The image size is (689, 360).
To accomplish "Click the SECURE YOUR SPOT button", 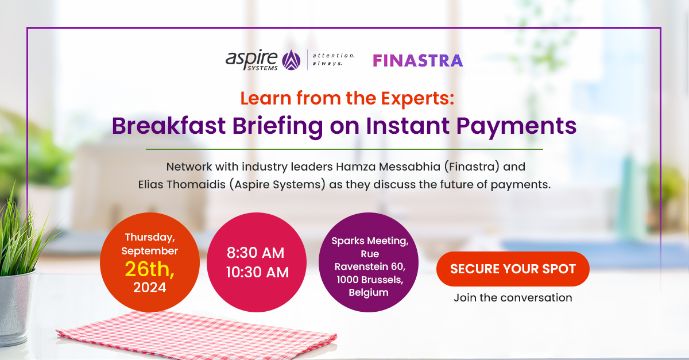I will [513, 269].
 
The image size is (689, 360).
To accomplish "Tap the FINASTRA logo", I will [417, 60].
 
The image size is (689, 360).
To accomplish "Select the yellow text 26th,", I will [149, 268].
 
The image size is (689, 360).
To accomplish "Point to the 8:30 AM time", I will [256, 253].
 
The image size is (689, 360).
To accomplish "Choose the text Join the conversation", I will [513, 297].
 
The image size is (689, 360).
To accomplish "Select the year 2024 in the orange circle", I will [149, 287].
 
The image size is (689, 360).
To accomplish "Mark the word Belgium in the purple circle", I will [368, 292].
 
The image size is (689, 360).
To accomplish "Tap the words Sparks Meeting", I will [370, 241].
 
